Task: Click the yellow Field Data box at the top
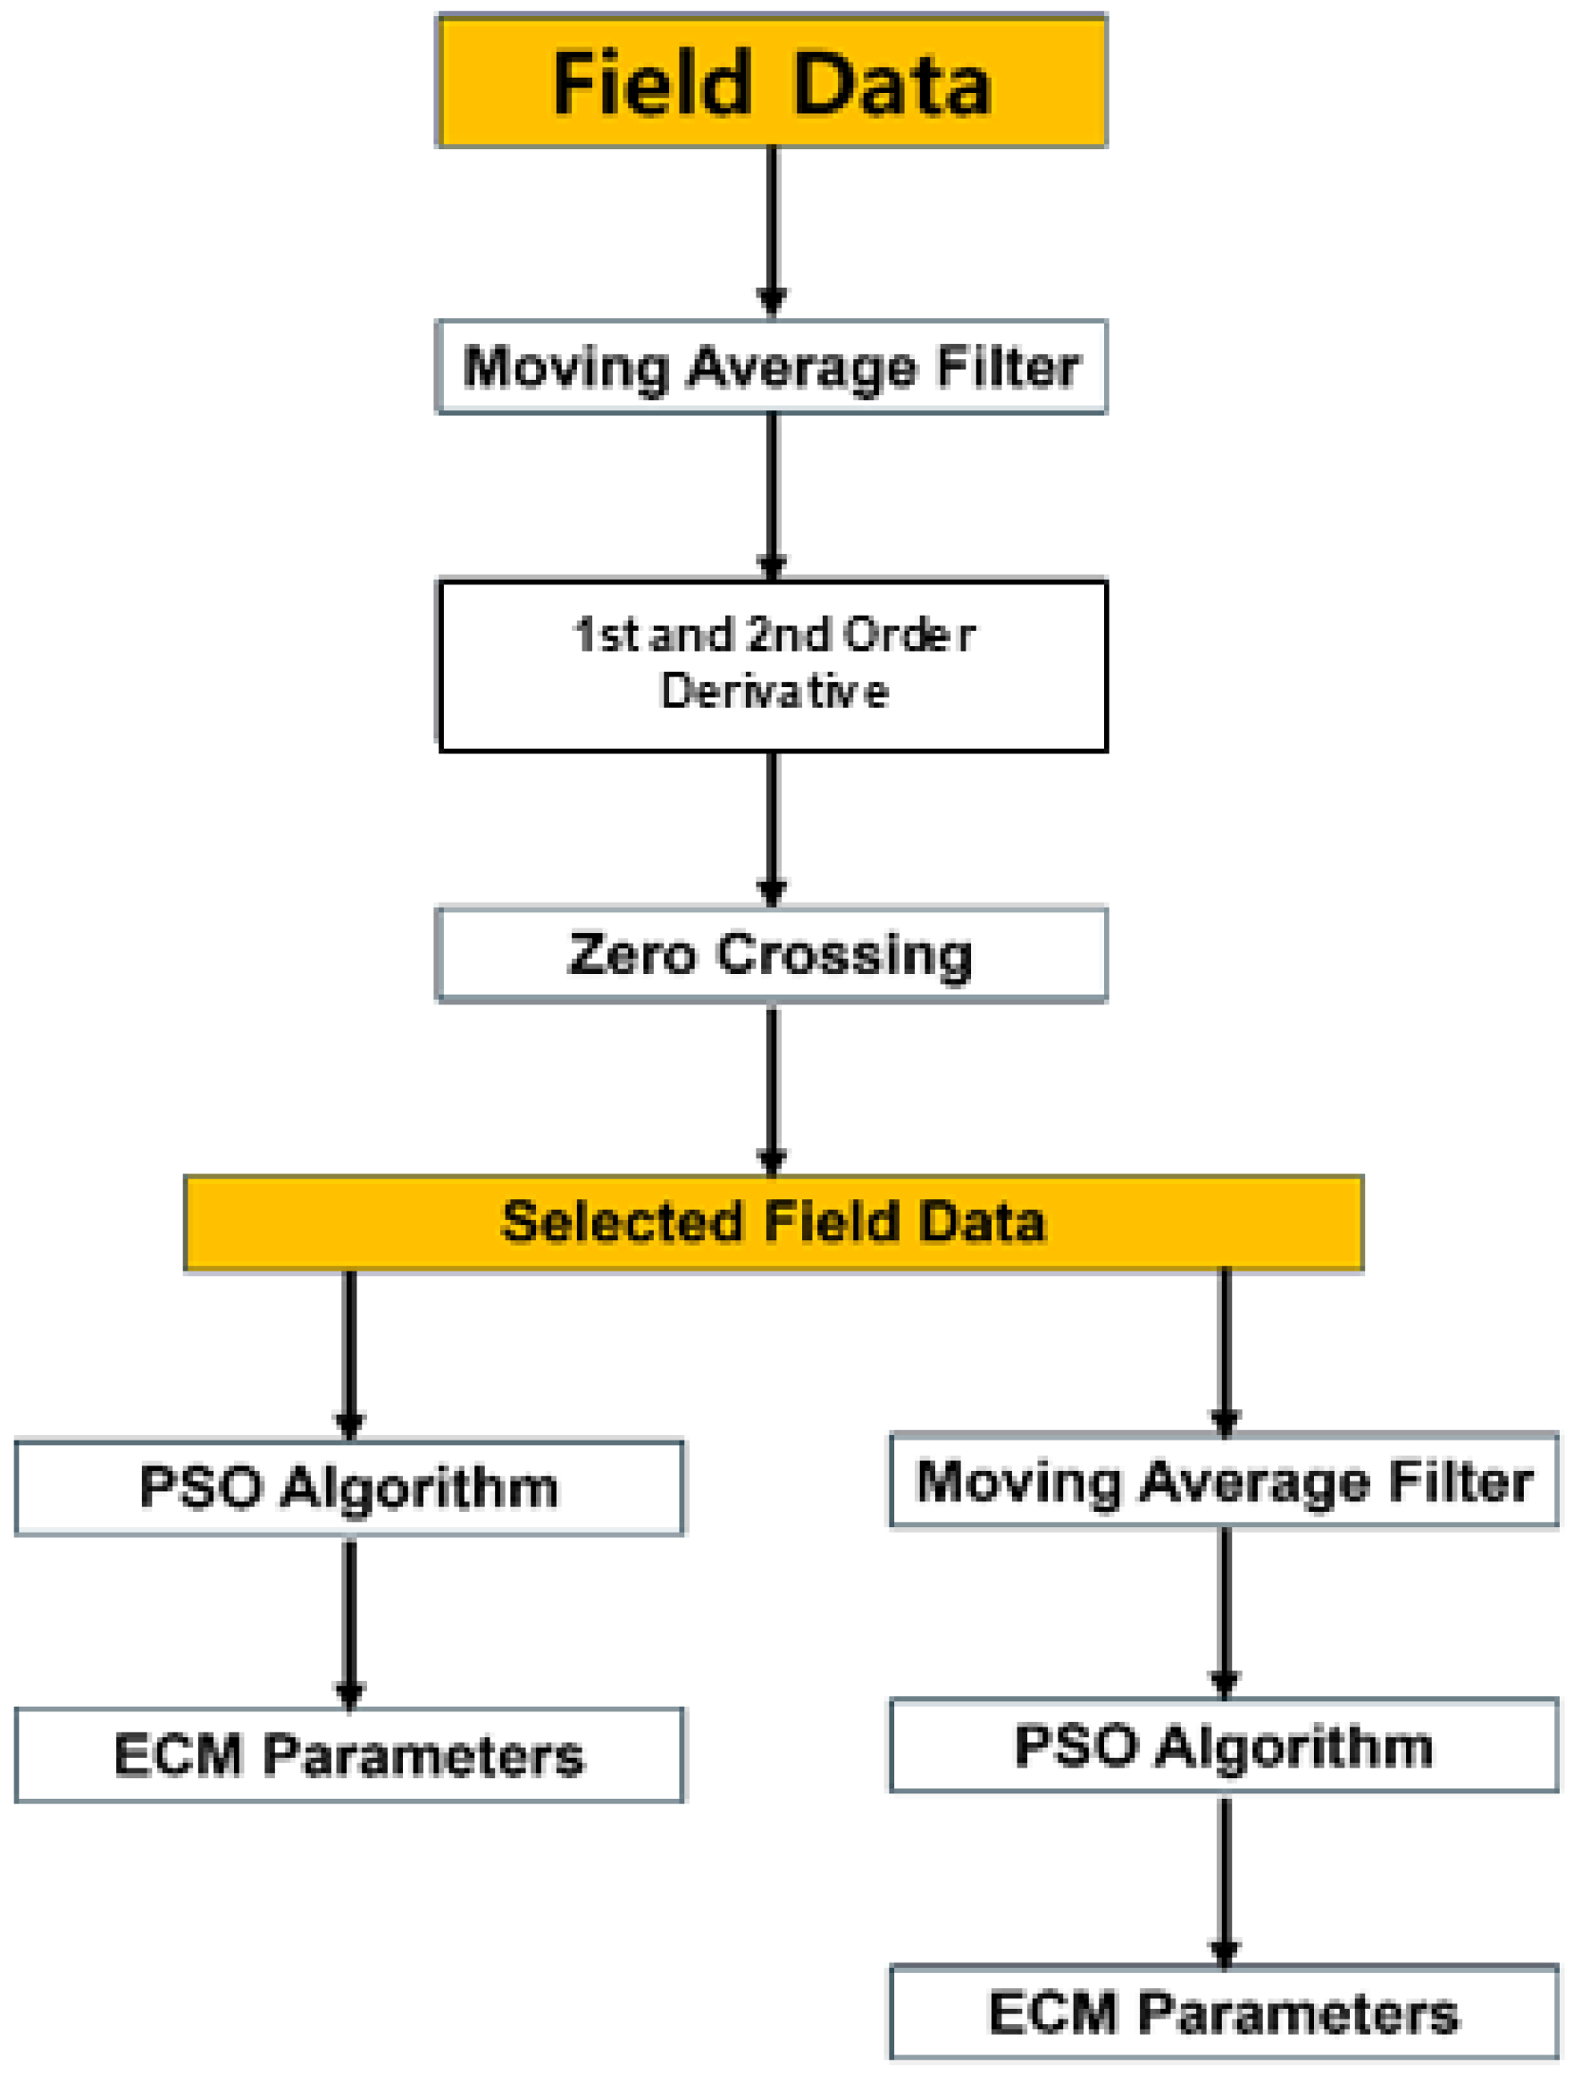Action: click(771, 82)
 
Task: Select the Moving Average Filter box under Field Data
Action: click(771, 366)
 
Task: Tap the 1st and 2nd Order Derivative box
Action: click(773, 665)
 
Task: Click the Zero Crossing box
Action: click(771, 954)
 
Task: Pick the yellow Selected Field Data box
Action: click(773, 1222)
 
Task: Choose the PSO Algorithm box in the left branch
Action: click(349, 1488)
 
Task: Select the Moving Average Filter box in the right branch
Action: click(1224, 1480)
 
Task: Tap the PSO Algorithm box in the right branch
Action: click(1224, 1746)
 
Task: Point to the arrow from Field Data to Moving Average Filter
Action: click(771, 231)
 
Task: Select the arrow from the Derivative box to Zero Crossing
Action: click(771, 829)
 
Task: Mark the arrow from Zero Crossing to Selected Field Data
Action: click(771, 1088)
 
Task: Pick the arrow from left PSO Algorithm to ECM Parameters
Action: click(349, 1621)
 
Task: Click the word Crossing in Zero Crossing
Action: click(844, 954)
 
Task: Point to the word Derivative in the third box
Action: click(774, 692)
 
